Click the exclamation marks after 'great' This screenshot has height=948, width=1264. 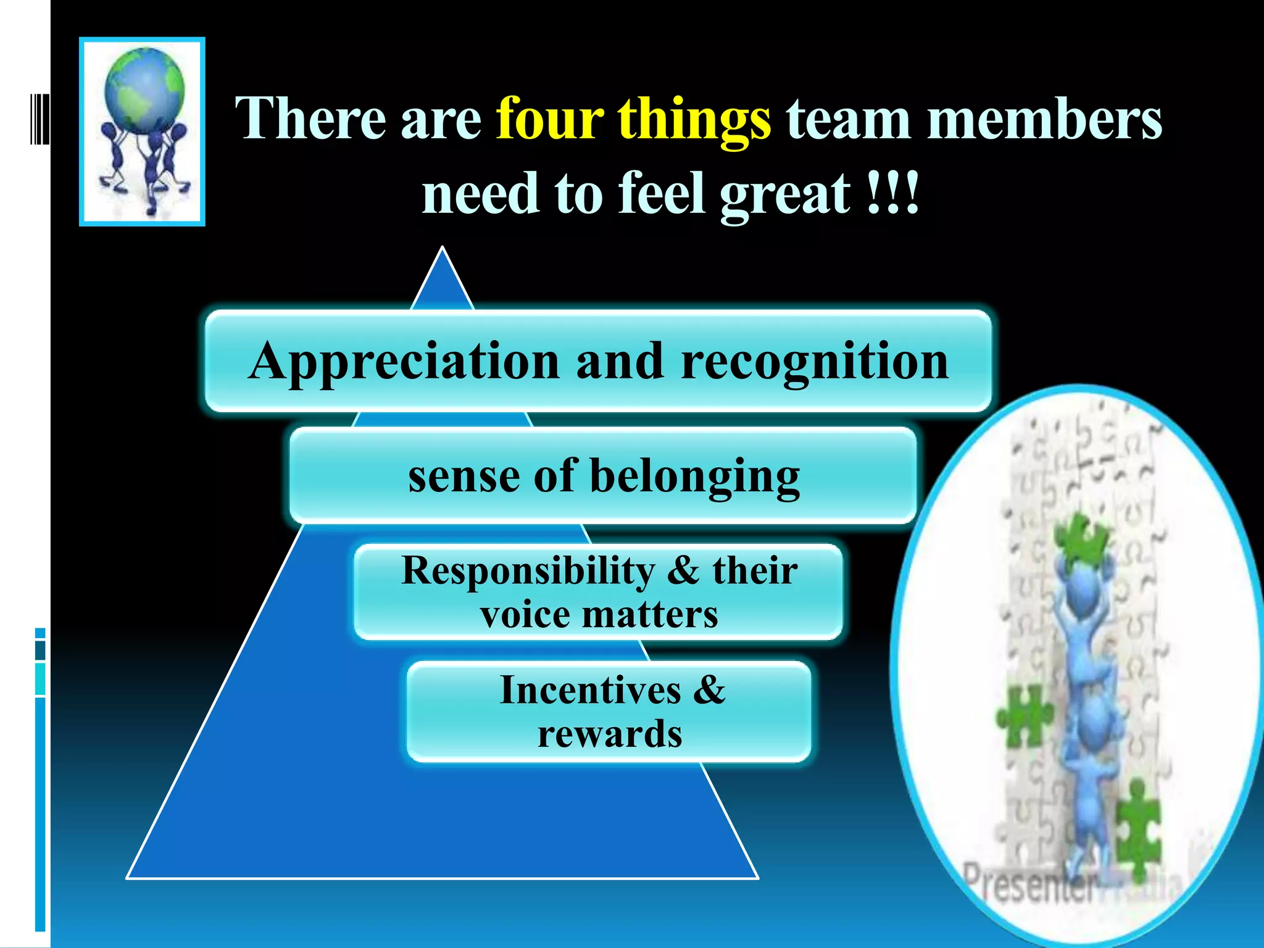[x=893, y=193]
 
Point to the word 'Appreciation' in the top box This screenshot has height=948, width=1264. [x=404, y=363]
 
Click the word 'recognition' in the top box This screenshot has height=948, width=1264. [x=815, y=363]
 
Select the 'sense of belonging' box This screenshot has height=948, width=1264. [x=603, y=476]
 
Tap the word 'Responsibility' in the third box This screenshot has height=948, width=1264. [x=528, y=571]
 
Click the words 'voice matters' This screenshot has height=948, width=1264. [x=599, y=615]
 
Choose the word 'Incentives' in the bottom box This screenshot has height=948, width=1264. [x=590, y=689]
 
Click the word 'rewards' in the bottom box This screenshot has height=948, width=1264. [x=610, y=734]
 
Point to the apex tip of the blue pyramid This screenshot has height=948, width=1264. [x=442, y=250]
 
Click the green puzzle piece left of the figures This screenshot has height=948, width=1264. [x=1025, y=716]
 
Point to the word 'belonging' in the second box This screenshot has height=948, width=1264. [x=695, y=477]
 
